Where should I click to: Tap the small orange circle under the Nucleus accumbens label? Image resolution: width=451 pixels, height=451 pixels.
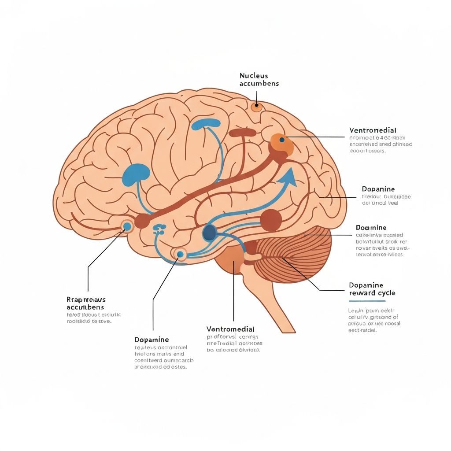coord(256,106)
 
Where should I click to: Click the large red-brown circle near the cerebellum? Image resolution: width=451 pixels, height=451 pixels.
coord(271,220)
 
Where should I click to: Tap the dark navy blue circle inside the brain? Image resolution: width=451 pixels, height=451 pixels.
coord(209,232)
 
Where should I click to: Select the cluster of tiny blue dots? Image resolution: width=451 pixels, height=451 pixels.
coord(159,228)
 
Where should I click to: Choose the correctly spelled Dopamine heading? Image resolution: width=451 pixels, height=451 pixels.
coord(377,189)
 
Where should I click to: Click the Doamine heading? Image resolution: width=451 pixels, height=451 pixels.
coord(371,228)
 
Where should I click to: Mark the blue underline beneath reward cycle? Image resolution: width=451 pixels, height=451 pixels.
coord(367,301)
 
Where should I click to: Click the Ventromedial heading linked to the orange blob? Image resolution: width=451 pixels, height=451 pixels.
coord(373,130)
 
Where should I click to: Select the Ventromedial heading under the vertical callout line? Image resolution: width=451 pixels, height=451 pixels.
coord(230,329)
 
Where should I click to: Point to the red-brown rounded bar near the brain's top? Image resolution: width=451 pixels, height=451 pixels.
coord(242,132)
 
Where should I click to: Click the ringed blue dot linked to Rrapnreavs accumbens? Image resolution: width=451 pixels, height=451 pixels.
coord(127,226)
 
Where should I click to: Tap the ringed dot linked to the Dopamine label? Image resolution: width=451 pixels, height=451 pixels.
coord(180,254)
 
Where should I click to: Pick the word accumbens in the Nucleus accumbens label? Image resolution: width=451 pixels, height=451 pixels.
coord(259,84)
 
